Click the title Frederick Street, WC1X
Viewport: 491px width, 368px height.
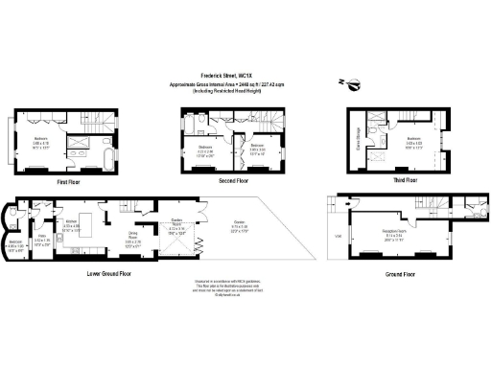[x=245, y=74]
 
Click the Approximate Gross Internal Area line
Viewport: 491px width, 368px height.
[x=245, y=83]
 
